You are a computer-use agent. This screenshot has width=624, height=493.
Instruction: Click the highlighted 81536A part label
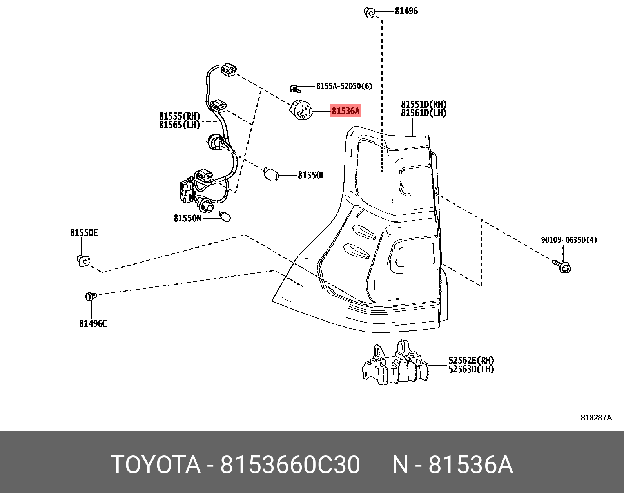pyautogui.click(x=345, y=111)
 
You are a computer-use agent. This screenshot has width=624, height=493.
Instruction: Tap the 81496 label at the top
pyautogui.click(x=406, y=11)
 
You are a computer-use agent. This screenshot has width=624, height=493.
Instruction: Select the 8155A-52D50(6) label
pyautogui.click(x=344, y=86)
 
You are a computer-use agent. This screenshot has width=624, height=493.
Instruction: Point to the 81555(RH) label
pyautogui.click(x=180, y=116)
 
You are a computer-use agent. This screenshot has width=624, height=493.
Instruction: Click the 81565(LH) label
pyautogui.click(x=180, y=125)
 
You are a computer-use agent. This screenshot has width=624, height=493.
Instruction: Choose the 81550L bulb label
pyautogui.click(x=311, y=175)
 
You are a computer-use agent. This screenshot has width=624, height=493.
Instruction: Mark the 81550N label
pyautogui.click(x=187, y=218)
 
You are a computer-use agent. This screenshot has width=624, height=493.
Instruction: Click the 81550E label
pyautogui.click(x=84, y=233)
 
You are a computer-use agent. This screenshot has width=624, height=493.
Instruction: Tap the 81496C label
pyautogui.click(x=93, y=324)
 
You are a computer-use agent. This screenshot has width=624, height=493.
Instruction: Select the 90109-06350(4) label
pyautogui.click(x=569, y=240)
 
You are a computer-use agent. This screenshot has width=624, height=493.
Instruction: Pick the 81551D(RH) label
pyautogui.click(x=424, y=105)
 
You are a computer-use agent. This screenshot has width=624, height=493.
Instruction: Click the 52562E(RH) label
pyautogui.click(x=471, y=360)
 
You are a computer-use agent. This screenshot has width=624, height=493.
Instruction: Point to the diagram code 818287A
pyautogui.click(x=596, y=418)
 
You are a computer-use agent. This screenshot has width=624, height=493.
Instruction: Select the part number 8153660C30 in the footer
pyautogui.click(x=290, y=465)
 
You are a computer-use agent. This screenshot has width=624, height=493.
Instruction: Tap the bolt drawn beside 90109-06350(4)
pyautogui.click(x=562, y=266)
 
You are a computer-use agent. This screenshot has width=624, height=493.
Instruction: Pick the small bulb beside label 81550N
pyautogui.click(x=225, y=216)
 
